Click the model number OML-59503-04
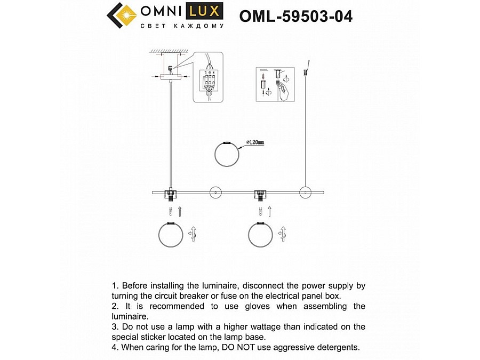pos(296,17)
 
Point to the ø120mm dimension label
pos(254,142)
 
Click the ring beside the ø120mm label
pos(227,155)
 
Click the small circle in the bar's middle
pos(215,192)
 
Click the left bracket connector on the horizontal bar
pos(171,193)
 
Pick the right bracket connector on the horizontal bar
pos(260,193)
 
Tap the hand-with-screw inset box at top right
pos(272,84)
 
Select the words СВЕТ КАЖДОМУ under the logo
pos(181,26)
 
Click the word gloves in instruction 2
pos(270,306)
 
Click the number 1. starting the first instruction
pos(115,286)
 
